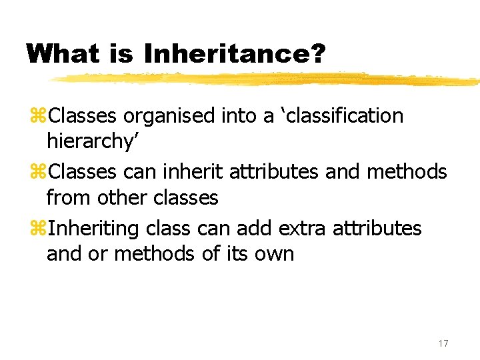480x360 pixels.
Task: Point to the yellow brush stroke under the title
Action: [267, 79]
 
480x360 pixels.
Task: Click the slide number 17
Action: [443, 343]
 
